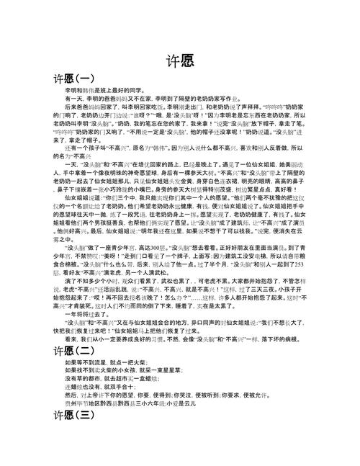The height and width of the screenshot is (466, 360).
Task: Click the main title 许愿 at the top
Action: pos(179,60)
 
